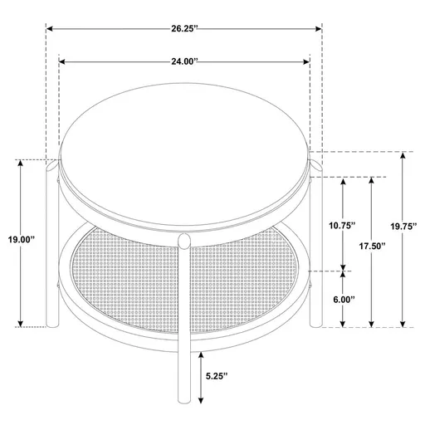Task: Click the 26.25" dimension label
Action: (184, 27)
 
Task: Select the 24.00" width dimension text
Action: (184, 61)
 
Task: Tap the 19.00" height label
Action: (16, 239)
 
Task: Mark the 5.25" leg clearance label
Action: (219, 376)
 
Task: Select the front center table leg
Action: (186, 332)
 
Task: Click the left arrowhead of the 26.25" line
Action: (49, 27)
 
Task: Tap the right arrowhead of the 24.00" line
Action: (308, 61)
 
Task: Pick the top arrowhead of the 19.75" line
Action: (403, 155)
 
